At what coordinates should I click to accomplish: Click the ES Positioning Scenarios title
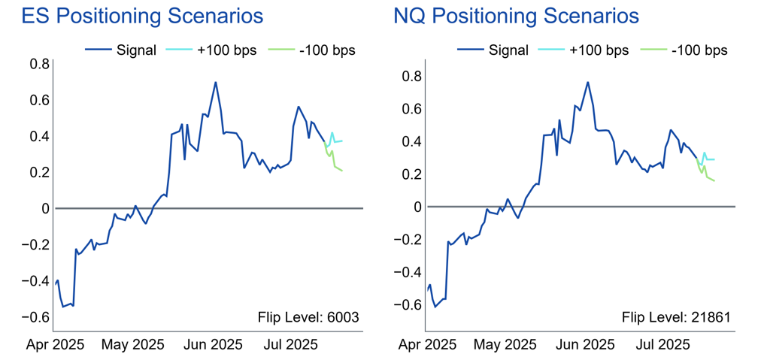coord(142,16)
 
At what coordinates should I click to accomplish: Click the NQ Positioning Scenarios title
coord(517,16)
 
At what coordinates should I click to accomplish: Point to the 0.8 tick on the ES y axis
coord(39,64)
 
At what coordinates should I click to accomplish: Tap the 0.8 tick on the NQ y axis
coord(411,76)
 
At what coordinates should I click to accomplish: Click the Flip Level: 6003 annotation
coord(308,318)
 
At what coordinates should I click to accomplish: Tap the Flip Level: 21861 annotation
coord(676,318)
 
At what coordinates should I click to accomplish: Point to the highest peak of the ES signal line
coord(216,82)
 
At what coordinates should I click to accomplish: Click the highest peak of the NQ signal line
coord(587,82)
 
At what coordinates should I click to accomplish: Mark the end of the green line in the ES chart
coord(342,171)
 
